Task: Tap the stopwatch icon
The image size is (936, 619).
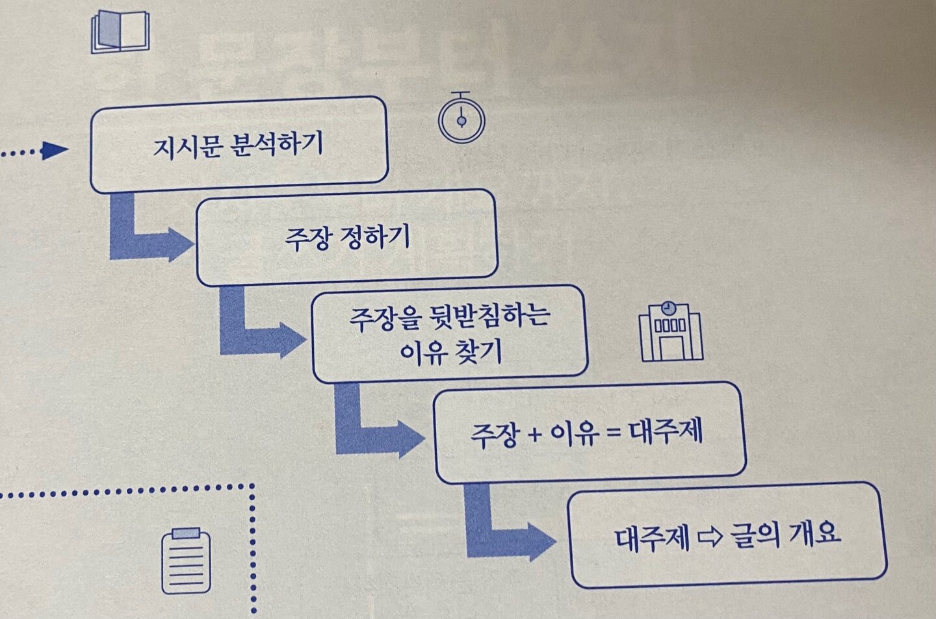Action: (x=461, y=119)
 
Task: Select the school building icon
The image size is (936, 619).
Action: (x=671, y=332)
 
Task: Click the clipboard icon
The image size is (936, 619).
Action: (x=186, y=561)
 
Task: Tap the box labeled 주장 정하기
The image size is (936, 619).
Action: (x=347, y=238)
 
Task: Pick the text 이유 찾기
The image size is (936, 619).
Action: (x=450, y=353)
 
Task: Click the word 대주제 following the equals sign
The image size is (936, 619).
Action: (x=667, y=431)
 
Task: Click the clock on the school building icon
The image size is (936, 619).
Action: (x=668, y=309)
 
